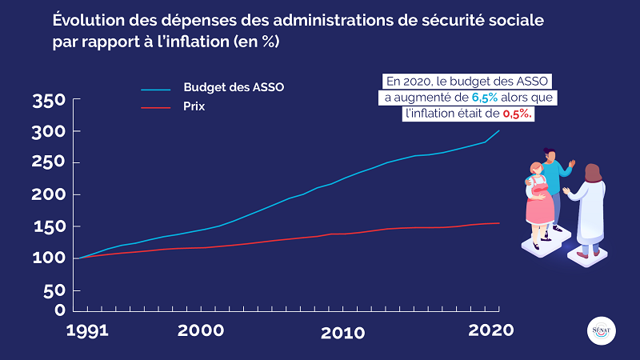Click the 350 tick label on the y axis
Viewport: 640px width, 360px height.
pos(47,101)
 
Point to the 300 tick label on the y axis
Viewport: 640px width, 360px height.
pos(47,132)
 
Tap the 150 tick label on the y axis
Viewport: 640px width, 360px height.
pos(47,227)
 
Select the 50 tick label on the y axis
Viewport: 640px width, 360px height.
pos(53,290)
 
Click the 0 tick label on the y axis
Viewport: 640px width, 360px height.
pos(58,310)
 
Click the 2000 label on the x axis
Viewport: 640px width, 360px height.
pos(201,330)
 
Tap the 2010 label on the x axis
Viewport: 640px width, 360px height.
pos(343,331)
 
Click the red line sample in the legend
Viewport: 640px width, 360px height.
pos(156,106)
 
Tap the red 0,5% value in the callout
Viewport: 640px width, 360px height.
pos(518,114)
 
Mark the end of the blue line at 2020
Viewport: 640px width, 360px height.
pos(499,130)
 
